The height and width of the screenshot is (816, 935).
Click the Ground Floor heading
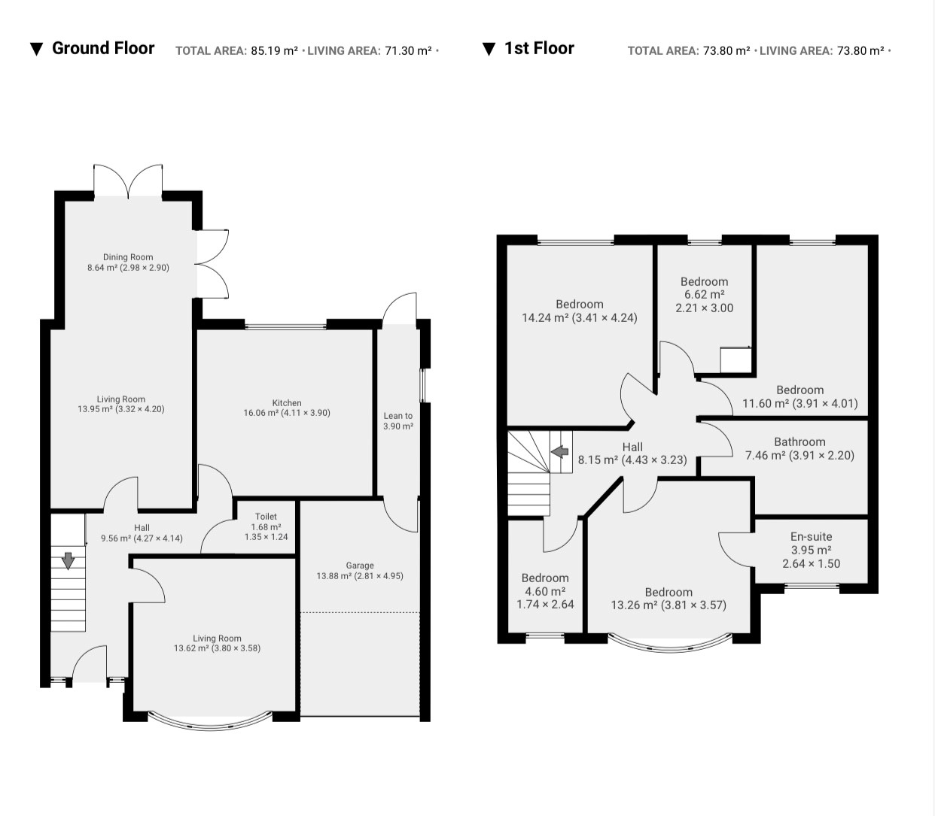coord(103,48)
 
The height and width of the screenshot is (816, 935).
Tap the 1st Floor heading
coord(539,48)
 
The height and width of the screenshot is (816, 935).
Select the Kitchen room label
coord(287,403)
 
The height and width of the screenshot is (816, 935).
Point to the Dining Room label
coord(128,257)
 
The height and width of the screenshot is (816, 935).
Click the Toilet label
coord(266,516)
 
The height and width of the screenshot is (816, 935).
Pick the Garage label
coord(360,566)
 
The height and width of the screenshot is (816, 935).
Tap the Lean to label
coord(398,416)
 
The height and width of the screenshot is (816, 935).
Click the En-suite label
coord(811,536)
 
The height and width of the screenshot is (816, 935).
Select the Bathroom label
coord(799,441)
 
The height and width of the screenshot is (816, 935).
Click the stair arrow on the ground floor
coord(68,561)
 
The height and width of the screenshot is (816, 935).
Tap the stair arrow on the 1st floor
coord(560,452)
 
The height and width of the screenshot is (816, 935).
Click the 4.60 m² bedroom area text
coord(545,591)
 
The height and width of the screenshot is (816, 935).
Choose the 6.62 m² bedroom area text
coord(704,294)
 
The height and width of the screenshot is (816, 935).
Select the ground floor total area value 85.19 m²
coord(274,50)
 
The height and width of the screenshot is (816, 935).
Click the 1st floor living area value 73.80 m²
coord(860,50)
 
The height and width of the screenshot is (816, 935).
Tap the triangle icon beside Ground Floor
coord(37,49)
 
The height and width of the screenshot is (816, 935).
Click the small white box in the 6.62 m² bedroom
coord(736,360)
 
